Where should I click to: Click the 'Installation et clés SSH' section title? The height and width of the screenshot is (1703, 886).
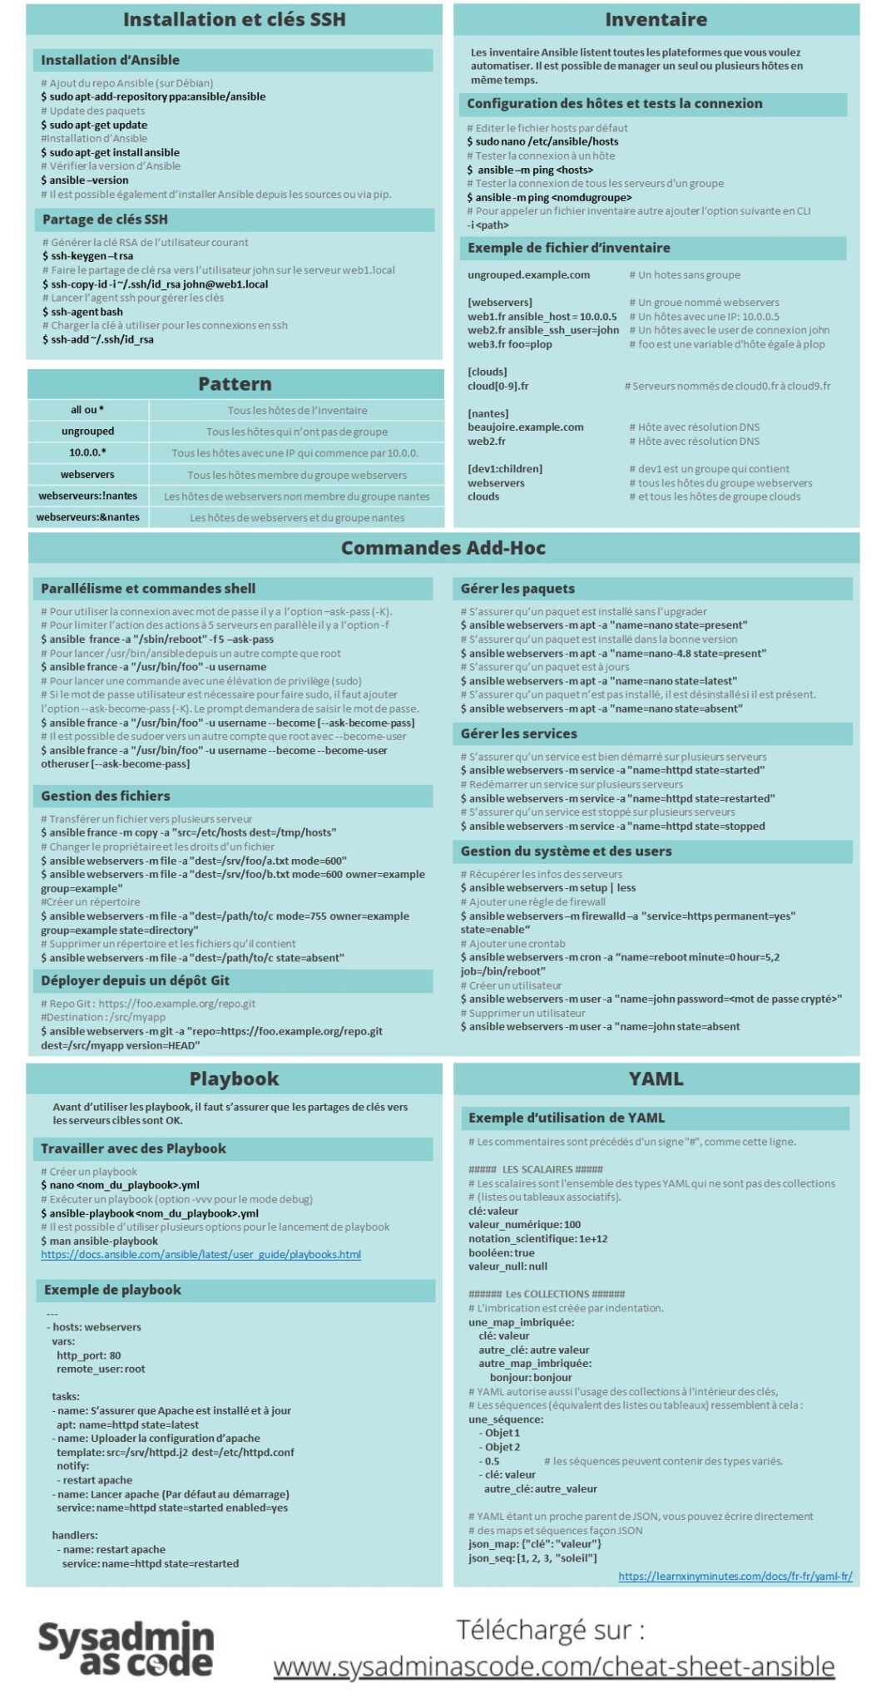pos(234,19)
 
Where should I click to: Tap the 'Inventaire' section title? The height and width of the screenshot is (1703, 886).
pos(656,19)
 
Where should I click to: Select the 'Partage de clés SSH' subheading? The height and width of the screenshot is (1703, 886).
pos(106,220)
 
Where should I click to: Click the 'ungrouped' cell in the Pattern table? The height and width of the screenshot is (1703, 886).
pos(87,432)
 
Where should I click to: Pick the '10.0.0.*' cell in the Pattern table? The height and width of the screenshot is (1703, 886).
pos(87,453)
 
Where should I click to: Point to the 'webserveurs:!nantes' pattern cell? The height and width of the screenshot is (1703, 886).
pos(87,496)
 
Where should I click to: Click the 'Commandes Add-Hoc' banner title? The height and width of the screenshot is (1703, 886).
pos(443,548)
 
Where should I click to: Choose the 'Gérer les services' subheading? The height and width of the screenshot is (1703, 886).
pos(519,734)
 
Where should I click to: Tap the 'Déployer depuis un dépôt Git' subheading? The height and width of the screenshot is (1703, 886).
pos(135,981)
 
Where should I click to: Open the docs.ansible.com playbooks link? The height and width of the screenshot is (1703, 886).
pos(200,1255)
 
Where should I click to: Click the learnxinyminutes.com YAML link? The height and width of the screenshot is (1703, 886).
pos(735,1577)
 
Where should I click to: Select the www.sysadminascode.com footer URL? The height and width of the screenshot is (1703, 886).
pos(554,1666)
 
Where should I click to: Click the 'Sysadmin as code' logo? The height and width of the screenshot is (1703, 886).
pos(126,1648)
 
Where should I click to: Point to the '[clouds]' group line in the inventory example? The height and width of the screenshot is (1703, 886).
pos(488,372)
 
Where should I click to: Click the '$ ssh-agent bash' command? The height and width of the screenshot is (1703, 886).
pos(82,312)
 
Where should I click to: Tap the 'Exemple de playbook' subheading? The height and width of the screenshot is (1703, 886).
pos(112,1291)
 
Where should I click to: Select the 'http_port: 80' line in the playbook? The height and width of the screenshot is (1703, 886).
pos(88,1355)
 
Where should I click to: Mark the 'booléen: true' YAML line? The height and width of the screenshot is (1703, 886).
pos(502,1253)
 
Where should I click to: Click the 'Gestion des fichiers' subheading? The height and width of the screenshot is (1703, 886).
pos(106,797)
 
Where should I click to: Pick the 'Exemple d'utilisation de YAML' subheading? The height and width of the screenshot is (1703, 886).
pos(567,1118)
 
